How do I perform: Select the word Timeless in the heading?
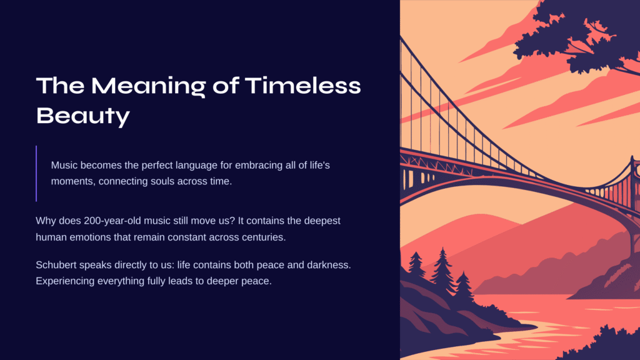coord(303,86)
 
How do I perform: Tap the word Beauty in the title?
coord(83,116)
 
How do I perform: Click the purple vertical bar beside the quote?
coord(36,174)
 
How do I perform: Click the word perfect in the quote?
coord(157,166)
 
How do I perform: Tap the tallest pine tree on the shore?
coord(442,271)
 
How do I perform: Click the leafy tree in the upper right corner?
coord(579,35)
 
